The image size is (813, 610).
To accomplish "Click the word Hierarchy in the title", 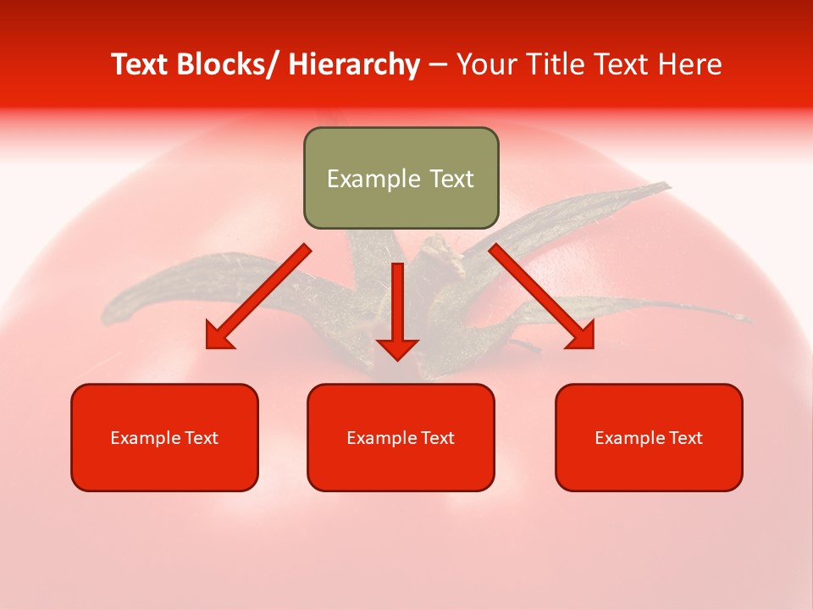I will [x=354, y=64].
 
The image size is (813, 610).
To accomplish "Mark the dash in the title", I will [x=438, y=64].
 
